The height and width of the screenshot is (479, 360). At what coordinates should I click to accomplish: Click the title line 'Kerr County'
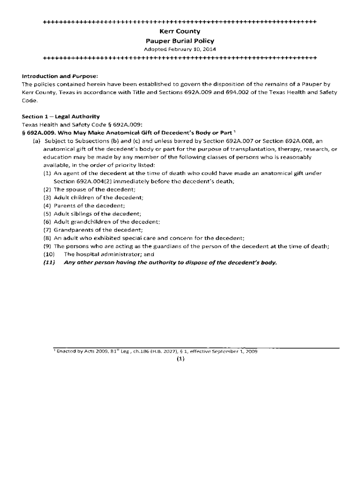(180, 31)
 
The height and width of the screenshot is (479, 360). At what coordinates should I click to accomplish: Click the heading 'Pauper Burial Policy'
(180, 41)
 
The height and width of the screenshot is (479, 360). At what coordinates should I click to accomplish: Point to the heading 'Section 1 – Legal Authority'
(61, 116)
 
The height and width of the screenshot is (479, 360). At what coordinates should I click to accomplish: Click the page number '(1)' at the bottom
(180, 359)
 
